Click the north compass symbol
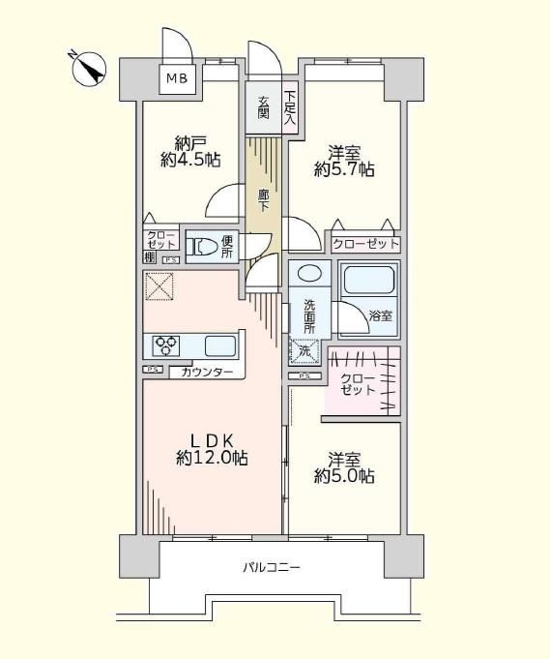tap(89, 70)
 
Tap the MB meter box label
tap(177, 78)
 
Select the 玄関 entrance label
tap(263, 107)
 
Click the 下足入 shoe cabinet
tap(290, 107)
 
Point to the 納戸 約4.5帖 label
tap(190, 152)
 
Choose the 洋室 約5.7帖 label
tap(344, 161)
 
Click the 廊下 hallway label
tap(263, 201)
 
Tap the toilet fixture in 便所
tap(200, 247)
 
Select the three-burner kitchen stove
tap(167, 345)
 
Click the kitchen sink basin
tap(220, 345)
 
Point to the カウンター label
tap(208, 372)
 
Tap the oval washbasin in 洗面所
tap(309, 273)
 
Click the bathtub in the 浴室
tap(368, 281)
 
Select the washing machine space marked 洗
tap(304, 351)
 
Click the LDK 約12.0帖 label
tap(212, 449)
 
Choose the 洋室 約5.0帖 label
tap(344, 467)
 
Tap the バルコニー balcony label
tap(272, 568)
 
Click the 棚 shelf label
tap(149, 256)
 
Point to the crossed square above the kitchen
tap(159, 286)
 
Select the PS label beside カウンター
tap(153, 370)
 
